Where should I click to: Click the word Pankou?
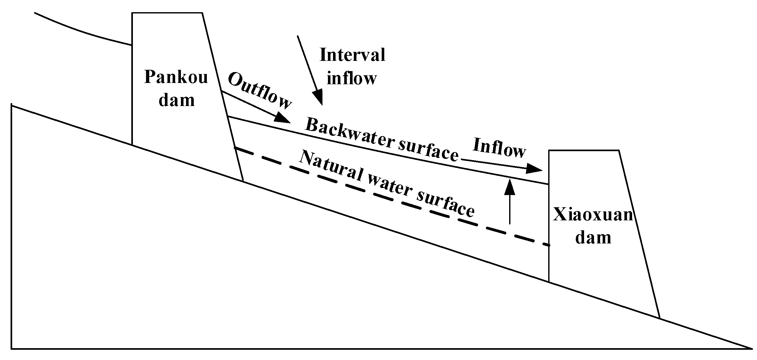coord(176,77)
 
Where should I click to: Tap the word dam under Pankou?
coord(177,100)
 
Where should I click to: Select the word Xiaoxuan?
coord(593,215)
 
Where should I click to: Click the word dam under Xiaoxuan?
coord(593,238)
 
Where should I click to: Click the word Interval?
coord(352,55)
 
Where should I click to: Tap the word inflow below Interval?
coord(352,78)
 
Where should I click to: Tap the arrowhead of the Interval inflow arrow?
coord(319,98)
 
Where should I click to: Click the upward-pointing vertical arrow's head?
coord(510,187)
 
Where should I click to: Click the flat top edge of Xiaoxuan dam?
coord(583,150)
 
